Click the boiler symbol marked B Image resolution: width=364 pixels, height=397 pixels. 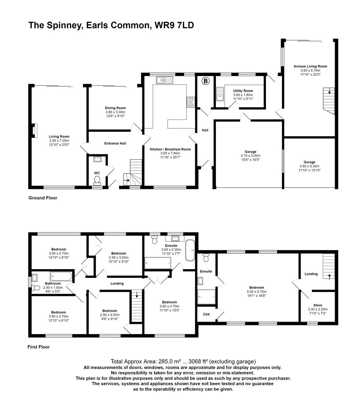(x=205, y=81)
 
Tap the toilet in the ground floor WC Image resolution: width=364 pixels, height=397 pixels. (x=97, y=179)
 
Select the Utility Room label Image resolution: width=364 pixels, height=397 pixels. (x=243, y=91)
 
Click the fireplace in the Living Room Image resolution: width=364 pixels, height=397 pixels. (x=35, y=130)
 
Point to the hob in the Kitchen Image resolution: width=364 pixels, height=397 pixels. (x=191, y=102)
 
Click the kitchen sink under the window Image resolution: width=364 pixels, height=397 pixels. (x=162, y=80)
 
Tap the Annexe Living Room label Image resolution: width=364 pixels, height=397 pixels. (x=310, y=67)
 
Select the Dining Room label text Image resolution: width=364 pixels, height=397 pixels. (x=115, y=108)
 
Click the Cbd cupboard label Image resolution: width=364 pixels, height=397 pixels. (x=206, y=314)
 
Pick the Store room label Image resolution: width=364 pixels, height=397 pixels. (x=318, y=305)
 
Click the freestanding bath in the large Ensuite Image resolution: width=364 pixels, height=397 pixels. (x=190, y=251)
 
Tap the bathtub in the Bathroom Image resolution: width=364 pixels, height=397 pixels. (x=61, y=276)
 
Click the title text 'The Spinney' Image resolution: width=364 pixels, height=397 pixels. (x=55, y=25)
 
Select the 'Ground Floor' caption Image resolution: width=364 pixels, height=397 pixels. (x=43, y=198)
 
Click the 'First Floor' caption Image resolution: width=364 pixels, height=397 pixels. (x=39, y=347)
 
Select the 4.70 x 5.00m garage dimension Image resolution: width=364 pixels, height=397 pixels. (x=251, y=156)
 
